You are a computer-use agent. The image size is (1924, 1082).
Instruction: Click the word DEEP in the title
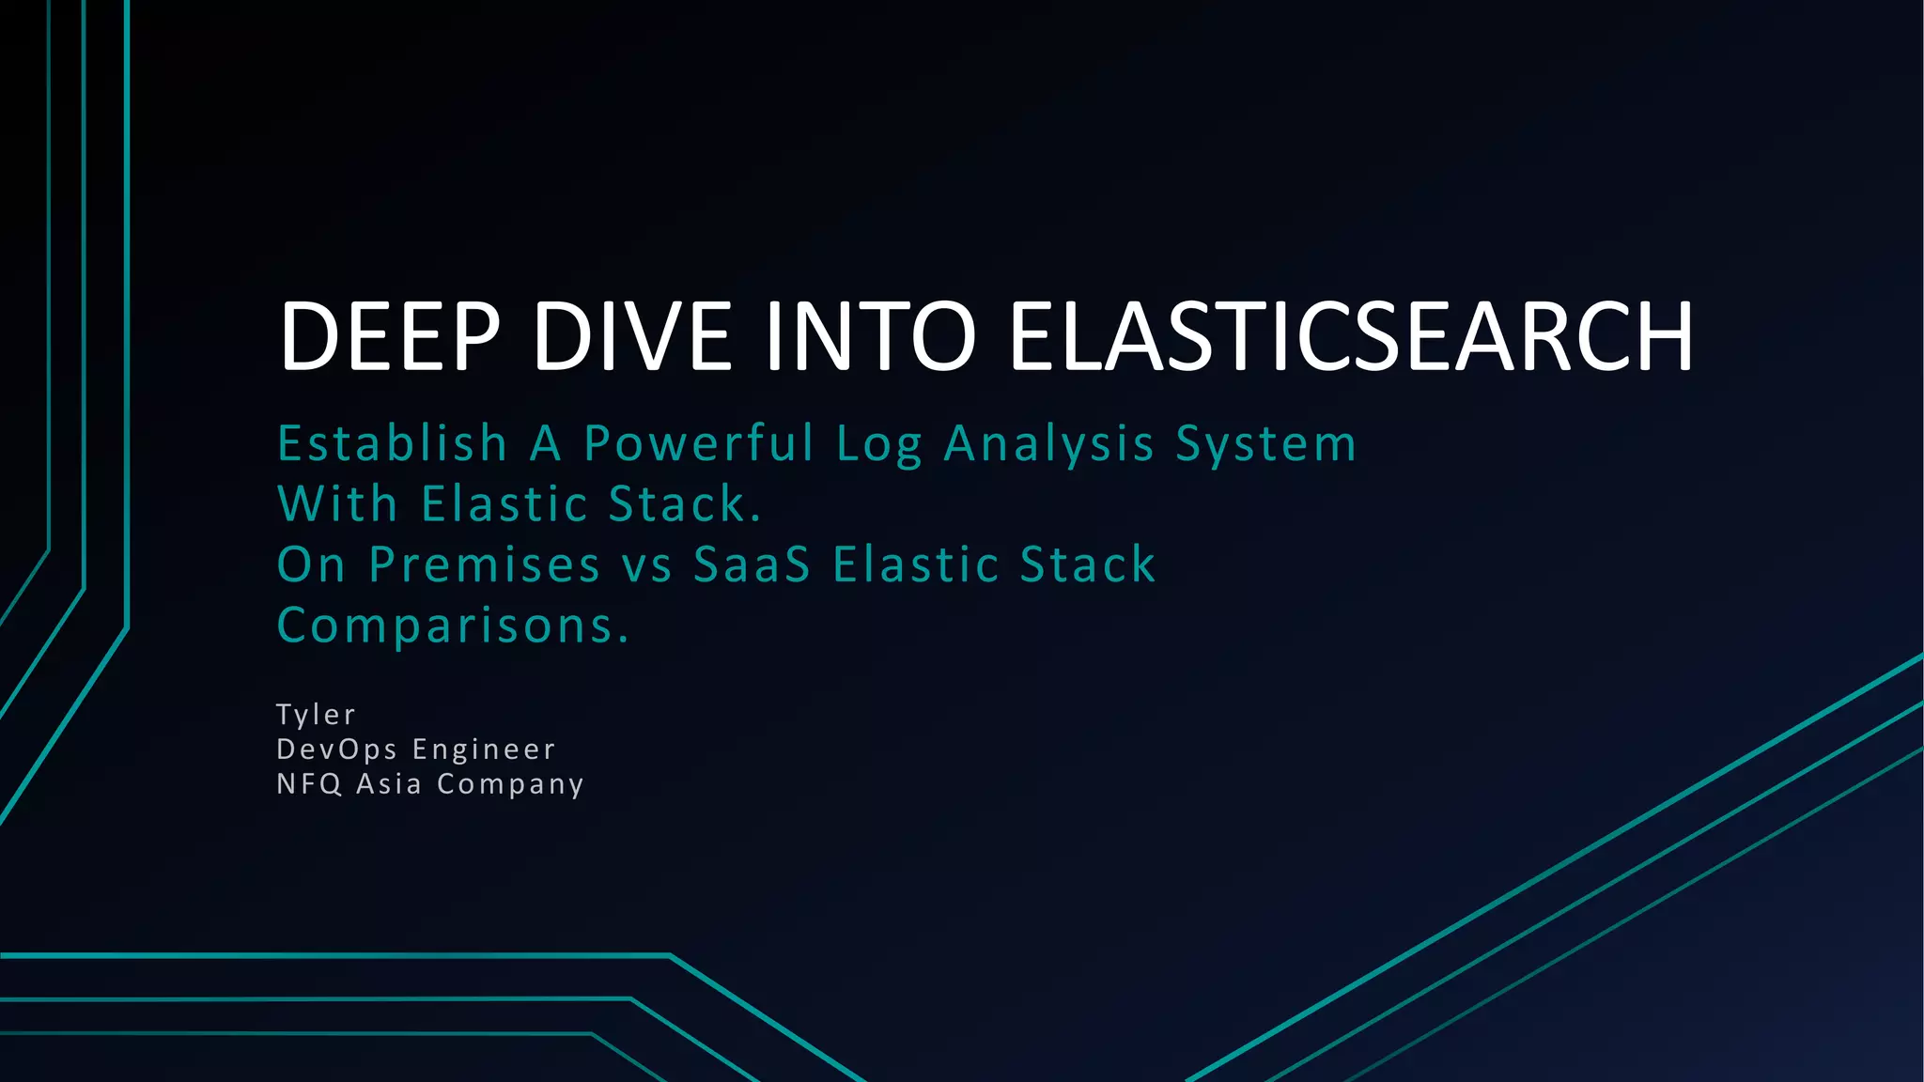click(389, 336)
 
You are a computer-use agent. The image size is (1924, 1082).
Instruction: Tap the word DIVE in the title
click(632, 336)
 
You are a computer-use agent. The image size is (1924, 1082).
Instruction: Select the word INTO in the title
click(871, 336)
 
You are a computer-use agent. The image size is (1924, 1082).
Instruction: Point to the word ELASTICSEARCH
click(1352, 336)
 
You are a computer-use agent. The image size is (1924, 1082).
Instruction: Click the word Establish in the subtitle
click(393, 443)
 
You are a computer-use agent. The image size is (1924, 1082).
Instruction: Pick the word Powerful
click(699, 443)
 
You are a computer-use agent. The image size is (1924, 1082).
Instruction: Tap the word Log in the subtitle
click(879, 445)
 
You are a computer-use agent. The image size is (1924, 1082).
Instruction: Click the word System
click(1266, 445)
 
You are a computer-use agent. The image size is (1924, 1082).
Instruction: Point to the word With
click(338, 503)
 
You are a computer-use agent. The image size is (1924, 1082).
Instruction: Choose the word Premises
click(485, 564)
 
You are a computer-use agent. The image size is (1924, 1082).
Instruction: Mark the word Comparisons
click(453, 626)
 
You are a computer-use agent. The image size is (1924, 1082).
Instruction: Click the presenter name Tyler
click(317, 715)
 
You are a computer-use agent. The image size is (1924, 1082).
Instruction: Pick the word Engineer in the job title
click(485, 750)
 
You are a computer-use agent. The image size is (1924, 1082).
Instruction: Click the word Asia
click(389, 783)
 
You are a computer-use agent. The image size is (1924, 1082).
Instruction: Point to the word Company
click(511, 784)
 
